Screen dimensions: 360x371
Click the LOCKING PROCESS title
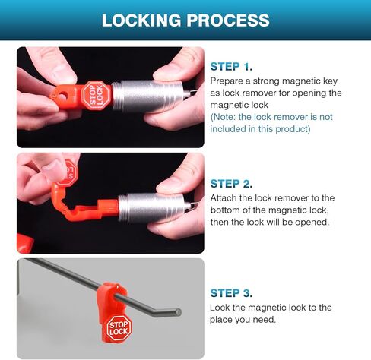click(x=185, y=20)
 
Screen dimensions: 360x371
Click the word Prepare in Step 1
click(x=227, y=81)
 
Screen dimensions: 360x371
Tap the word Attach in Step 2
click(x=224, y=197)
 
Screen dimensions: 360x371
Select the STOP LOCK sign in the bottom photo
click(x=119, y=328)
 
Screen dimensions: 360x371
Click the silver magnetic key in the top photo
click(x=148, y=96)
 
